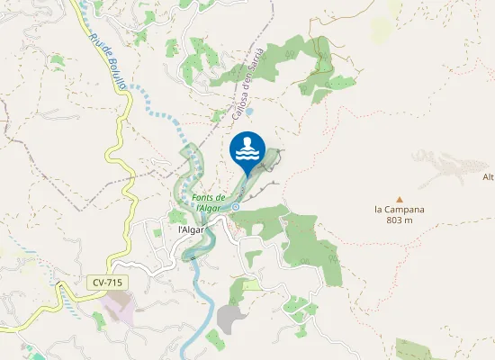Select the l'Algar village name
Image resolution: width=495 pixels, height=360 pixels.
click(191, 229)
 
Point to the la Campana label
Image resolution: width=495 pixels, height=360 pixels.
click(400, 210)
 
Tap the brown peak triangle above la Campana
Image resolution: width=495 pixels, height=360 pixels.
click(400, 199)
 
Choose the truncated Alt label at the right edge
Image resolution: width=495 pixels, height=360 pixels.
click(489, 176)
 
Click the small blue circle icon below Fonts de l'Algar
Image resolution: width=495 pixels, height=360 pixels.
click(235, 207)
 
